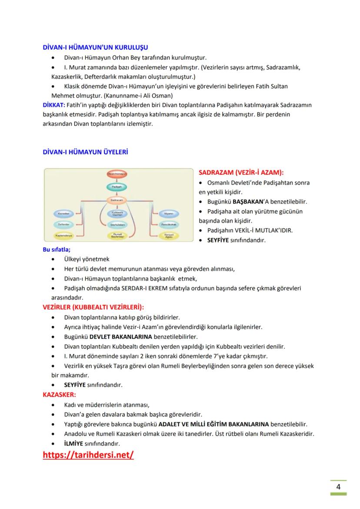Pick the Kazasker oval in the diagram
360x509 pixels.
click(64, 214)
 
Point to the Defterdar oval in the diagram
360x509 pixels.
click(64, 225)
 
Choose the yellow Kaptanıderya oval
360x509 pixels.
click(64, 236)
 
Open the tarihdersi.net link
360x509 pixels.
click(88, 455)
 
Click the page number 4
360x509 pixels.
click(338, 487)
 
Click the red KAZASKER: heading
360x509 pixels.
click(59, 395)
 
